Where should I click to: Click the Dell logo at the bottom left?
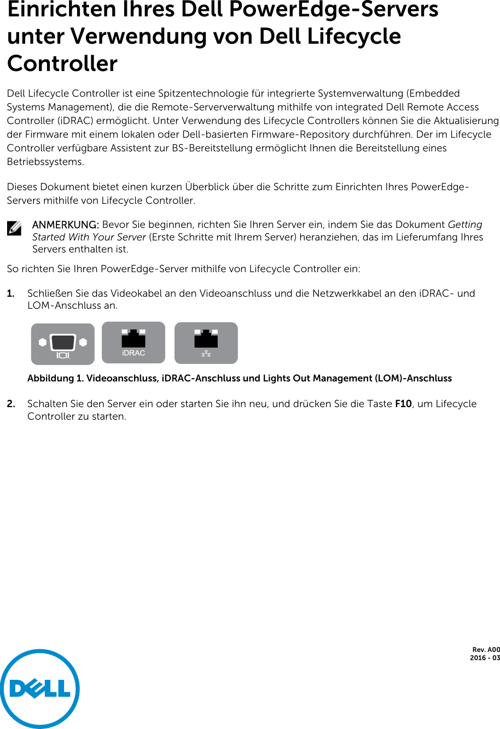[x=40, y=689]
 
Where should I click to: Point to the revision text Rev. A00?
[x=486, y=650]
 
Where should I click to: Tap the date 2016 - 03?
[x=485, y=658]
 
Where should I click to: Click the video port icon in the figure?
[x=62, y=344]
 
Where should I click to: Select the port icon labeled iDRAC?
[x=133, y=343]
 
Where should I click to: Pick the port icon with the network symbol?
[x=206, y=343]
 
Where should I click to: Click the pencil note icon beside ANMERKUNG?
[x=14, y=228]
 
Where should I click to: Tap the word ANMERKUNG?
[x=66, y=225]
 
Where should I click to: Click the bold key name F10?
[x=403, y=404]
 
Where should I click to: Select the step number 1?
[x=10, y=293]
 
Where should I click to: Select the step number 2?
[x=10, y=404]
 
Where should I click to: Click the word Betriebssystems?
[x=45, y=162]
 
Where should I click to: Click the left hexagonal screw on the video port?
[x=42, y=343]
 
